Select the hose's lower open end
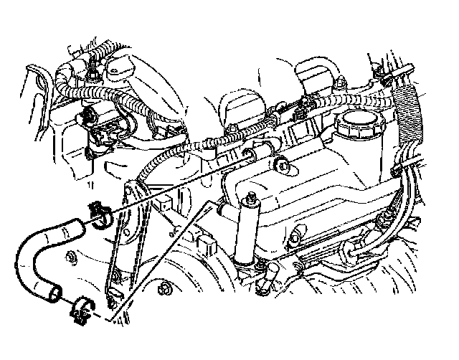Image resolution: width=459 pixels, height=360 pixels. (54, 293)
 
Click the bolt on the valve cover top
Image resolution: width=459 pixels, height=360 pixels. (285, 169)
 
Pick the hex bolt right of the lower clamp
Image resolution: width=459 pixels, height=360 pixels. (164, 291)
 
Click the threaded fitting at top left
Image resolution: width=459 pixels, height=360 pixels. (93, 72)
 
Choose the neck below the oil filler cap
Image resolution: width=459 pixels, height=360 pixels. (356, 147)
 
